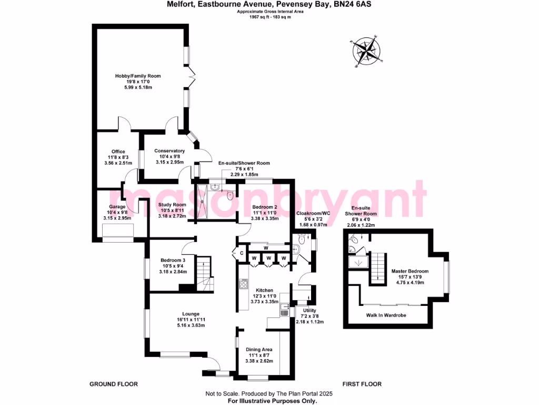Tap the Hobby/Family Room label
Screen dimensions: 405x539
(x=138, y=76)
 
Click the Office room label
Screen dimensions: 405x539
(x=118, y=152)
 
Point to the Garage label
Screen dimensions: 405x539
(x=117, y=207)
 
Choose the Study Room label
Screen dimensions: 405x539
(x=172, y=205)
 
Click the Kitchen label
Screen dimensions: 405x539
(x=264, y=291)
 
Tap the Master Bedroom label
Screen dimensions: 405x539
(x=410, y=271)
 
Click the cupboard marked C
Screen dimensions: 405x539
(x=242, y=254)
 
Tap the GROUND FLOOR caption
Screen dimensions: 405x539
(x=114, y=384)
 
